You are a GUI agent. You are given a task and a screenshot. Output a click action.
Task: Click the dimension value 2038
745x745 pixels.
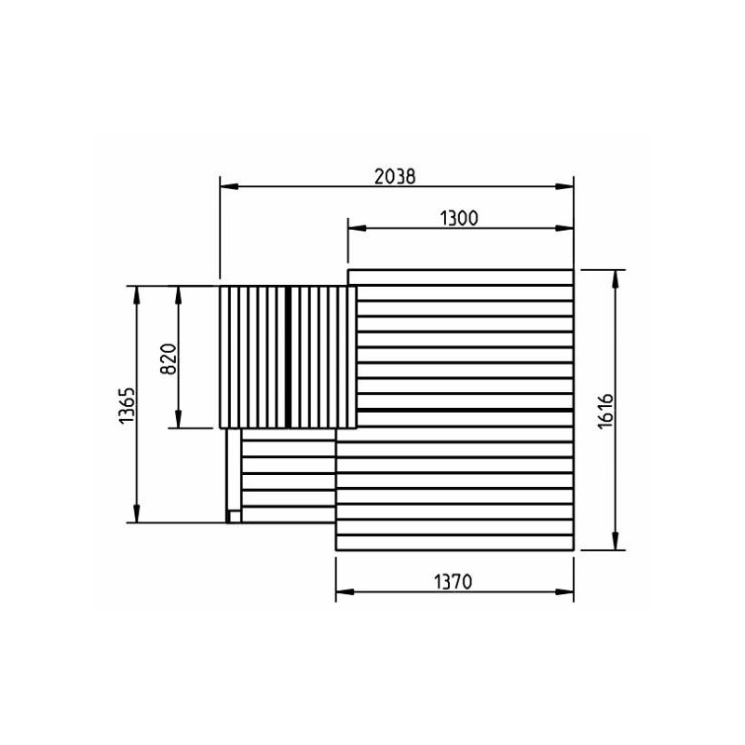tap(395, 177)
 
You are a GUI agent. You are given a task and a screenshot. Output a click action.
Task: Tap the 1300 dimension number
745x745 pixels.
tap(459, 219)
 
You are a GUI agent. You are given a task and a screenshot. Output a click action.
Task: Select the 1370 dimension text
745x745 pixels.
tap(454, 581)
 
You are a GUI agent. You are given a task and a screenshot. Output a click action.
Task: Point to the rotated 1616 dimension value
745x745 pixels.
tap(605, 411)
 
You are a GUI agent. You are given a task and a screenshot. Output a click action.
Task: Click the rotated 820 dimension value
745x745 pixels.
tap(169, 359)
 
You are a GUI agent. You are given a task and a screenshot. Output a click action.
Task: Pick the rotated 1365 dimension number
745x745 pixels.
tap(127, 405)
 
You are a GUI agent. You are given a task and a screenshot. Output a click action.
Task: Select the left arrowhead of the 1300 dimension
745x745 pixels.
tap(357, 228)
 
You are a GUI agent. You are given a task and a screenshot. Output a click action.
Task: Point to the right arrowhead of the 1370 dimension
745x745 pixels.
tap(564, 592)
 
